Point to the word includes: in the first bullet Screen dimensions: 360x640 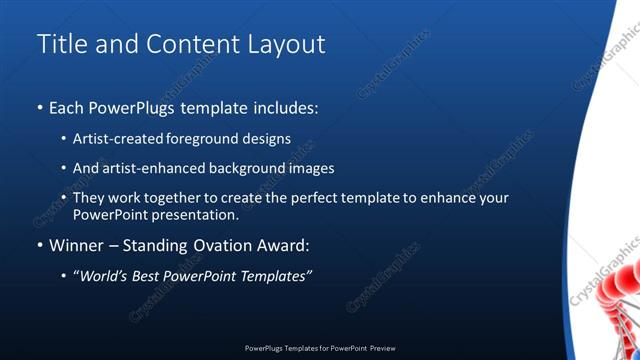point(284,106)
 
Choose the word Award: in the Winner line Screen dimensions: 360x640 point(284,244)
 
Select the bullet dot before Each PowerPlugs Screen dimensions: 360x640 point(40,107)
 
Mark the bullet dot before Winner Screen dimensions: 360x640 point(40,245)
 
